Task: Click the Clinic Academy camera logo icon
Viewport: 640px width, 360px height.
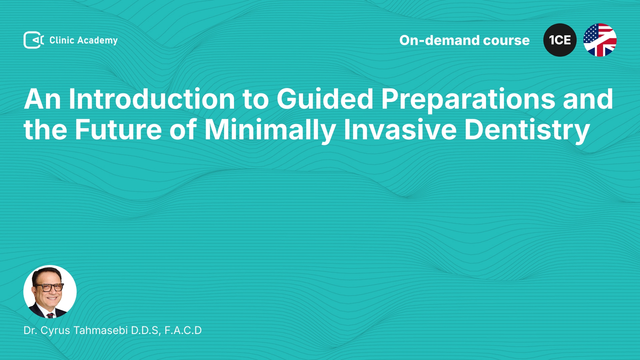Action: (34, 40)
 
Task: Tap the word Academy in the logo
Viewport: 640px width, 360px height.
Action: (97, 41)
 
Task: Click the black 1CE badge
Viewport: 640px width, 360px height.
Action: (560, 40)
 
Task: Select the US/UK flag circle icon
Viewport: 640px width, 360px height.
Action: (600, 40)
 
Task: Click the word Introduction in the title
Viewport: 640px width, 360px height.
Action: (152, 99)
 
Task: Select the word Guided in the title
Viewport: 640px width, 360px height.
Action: (325, 99)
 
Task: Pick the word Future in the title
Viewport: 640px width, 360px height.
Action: (118, 130)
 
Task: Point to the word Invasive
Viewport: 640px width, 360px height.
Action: (400, 130)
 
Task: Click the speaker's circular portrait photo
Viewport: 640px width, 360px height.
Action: (50, 292)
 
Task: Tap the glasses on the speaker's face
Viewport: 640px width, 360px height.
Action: (49, 287)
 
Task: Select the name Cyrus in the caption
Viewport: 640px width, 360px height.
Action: (55, 331)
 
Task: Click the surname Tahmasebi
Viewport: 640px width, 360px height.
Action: (101, 330)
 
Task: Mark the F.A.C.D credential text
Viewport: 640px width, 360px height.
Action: (183, 330)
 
